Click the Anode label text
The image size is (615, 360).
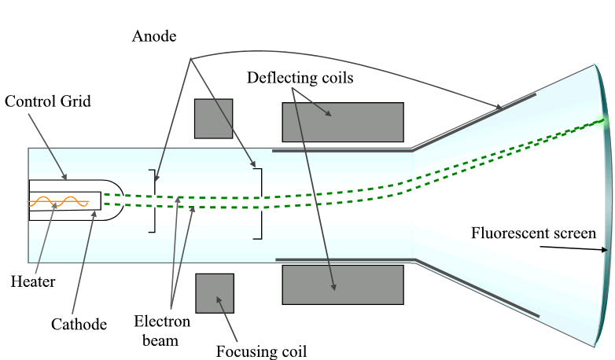click(155, 37)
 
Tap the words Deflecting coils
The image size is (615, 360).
click(300, 78)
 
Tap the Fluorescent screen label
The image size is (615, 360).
click(533, 233)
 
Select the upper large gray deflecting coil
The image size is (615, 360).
click(342, 122)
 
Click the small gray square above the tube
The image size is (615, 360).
click(213, 118)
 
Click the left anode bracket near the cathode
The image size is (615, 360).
click(153, 200)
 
